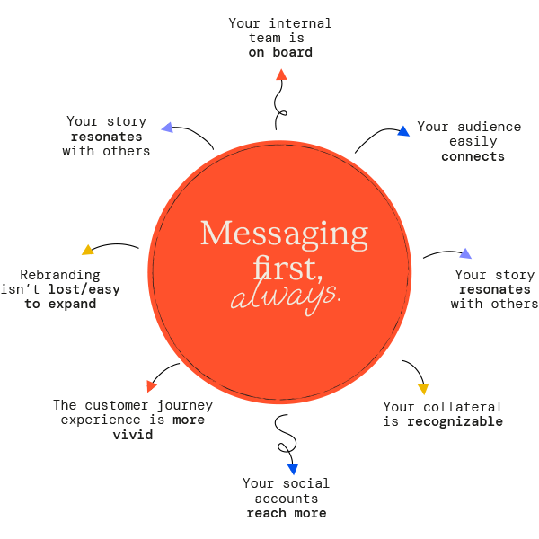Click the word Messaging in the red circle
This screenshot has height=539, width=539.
click(x=284, y=235)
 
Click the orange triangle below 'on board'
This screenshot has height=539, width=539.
click(x=281, y=75)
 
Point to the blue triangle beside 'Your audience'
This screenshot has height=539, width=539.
click(x=403, y=131)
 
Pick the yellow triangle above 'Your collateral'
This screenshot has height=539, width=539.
click(x=423, y=389)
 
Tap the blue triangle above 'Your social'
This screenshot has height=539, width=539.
click(x=293, y=469)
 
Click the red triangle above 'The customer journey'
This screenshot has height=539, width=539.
click(x=152, y=386)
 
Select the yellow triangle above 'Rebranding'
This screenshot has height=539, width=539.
click(x=87, y=250)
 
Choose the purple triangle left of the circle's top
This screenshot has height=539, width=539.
click(x=166, y=128)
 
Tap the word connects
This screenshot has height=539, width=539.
click(x=473, y=156)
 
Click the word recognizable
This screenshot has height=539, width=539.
click(x=455, y=421)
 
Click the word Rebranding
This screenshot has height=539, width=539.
click(x=60, y=275)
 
